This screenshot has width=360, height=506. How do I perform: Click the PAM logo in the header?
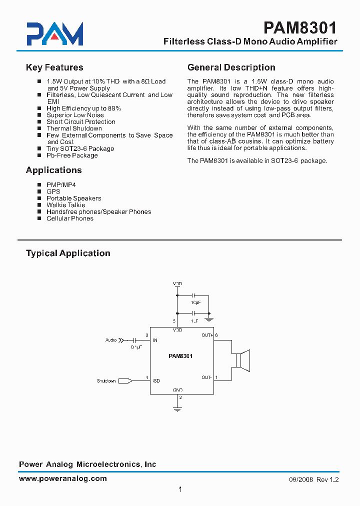point(55,34)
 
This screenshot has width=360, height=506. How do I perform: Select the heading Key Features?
point(54,67)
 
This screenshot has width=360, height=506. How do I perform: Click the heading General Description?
point(231,67)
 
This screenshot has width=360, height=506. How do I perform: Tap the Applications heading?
point(53,170)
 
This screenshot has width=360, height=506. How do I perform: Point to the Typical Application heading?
point(68,253)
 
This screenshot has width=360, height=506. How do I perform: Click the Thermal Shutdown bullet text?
point(74,128)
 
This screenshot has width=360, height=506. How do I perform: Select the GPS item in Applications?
point(53,191)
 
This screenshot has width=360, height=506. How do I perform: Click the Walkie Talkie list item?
point(65,205)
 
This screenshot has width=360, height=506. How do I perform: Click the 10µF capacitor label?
point(195,303)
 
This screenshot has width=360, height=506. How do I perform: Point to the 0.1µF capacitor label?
point(136,346)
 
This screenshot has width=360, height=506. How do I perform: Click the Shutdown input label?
point(106,381)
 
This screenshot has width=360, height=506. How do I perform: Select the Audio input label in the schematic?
point(111,340)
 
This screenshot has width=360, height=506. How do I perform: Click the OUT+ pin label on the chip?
point(207,335)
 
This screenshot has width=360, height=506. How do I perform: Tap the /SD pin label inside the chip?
point(156,381)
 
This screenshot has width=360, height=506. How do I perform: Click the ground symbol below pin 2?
point(177,408)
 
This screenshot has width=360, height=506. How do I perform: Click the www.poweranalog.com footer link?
point(62,478)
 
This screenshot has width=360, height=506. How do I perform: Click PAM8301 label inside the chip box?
point(180,356)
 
